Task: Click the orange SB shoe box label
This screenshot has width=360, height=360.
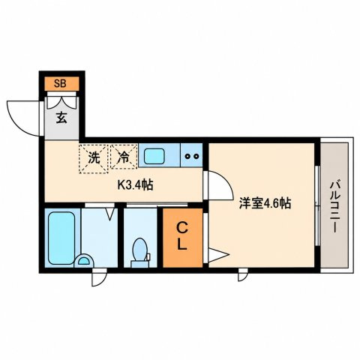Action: [61, 83]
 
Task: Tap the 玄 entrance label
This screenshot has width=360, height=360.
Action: [61, 118]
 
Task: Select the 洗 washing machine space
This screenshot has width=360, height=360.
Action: [94, 159]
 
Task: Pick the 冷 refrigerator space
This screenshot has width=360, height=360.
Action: [124, 157]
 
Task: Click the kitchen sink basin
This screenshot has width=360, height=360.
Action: [154, 156]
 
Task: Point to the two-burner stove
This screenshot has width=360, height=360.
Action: [191, 156]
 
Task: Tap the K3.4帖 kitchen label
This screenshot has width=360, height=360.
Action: [135, 185]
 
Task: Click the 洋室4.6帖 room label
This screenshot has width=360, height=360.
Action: [265, 203]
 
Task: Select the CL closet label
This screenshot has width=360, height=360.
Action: [182, 236]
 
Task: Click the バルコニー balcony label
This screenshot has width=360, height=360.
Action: [334, 207]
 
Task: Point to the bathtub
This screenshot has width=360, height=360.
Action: [61, 238]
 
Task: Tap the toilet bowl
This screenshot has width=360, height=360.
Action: [140, 249]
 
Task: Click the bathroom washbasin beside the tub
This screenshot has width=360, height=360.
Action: [84, 260]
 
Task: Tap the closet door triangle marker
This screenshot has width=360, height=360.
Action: [218, 255]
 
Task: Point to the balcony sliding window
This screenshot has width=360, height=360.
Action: [317, 205]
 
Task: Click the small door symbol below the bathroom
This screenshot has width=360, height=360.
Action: [99, 277]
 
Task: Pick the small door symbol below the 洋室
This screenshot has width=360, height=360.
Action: [243, 274]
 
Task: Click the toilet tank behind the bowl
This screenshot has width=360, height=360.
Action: [140, 264]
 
